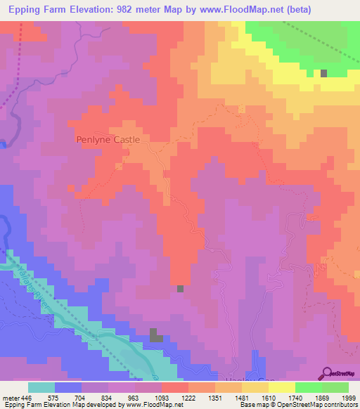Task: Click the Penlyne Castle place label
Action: (x=108, y=140)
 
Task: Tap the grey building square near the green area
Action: (x=323, y=73)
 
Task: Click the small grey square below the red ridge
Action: (x=181, y=288)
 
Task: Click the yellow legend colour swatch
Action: (x=281, y=387)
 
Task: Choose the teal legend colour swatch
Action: (x=41, y=387)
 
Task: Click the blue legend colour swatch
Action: (x=68, y=387)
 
